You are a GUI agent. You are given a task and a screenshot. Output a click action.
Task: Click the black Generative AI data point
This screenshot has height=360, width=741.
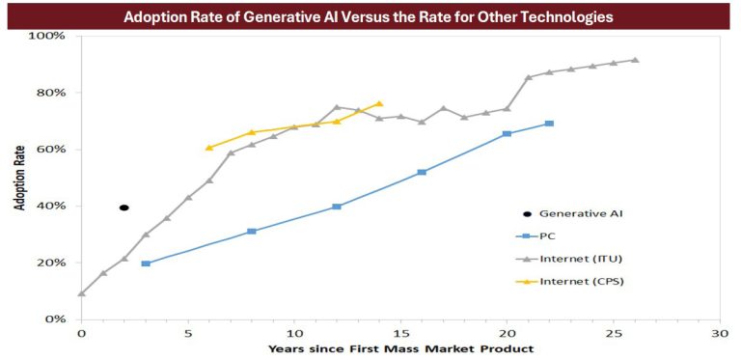[123, 208]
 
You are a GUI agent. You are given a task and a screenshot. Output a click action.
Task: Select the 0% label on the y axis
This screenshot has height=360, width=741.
[55, 318]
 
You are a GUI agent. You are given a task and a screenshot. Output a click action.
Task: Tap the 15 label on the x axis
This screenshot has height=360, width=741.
[400, 333]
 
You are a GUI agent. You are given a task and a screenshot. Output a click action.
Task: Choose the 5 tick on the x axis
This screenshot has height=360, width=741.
[187, 333]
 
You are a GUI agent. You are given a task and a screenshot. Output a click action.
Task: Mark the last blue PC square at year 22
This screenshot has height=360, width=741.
[549, 124]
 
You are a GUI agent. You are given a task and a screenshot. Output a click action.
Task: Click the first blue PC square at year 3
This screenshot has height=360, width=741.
[146, 263]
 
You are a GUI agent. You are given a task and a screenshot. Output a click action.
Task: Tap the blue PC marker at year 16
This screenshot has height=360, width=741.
[422, 172]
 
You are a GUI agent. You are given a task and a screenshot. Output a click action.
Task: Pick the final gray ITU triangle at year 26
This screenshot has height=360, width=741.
[634, 60]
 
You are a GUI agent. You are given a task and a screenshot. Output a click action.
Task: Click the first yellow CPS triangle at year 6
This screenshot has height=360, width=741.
[209, 148]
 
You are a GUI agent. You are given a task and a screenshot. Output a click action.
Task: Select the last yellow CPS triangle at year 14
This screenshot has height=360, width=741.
[379, 103]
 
